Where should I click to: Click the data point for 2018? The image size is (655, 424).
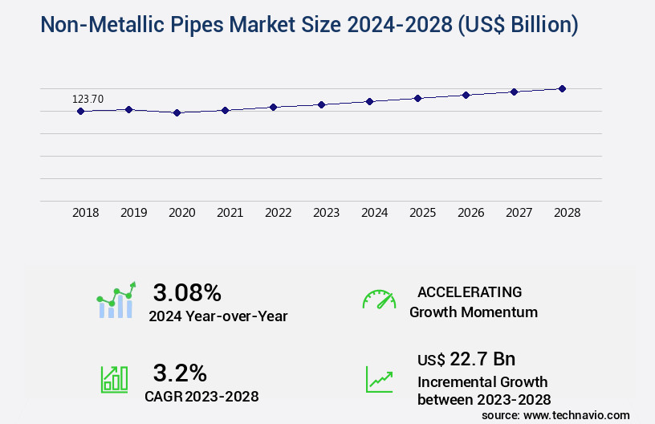click(80, 111)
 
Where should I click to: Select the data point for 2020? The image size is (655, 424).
click(177, 113)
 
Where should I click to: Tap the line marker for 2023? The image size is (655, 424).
click(321, 104)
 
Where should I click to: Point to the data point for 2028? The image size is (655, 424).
click(562, 88)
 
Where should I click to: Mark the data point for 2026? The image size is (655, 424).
click(466, 95)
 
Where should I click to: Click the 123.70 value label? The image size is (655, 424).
click(88, 99)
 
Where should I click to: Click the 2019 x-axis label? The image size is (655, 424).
click(134, 213)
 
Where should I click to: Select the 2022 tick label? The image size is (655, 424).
click(279, 213)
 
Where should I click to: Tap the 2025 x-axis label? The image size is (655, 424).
click(423, 213)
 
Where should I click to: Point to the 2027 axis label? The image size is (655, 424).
click(519, 213)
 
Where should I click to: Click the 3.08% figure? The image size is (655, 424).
click(187, 292)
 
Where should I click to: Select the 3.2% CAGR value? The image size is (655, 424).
click(180, 373)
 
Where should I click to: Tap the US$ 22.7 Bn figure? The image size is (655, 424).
click(466, 358)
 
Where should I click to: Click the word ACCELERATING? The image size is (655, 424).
click(470, 292)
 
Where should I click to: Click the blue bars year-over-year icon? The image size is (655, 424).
click(116, 301)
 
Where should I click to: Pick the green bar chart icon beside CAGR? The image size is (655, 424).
click(114, 379)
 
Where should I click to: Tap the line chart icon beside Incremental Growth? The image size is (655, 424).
click(379, 379)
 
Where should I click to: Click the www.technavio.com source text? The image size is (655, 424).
click(576, 414)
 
